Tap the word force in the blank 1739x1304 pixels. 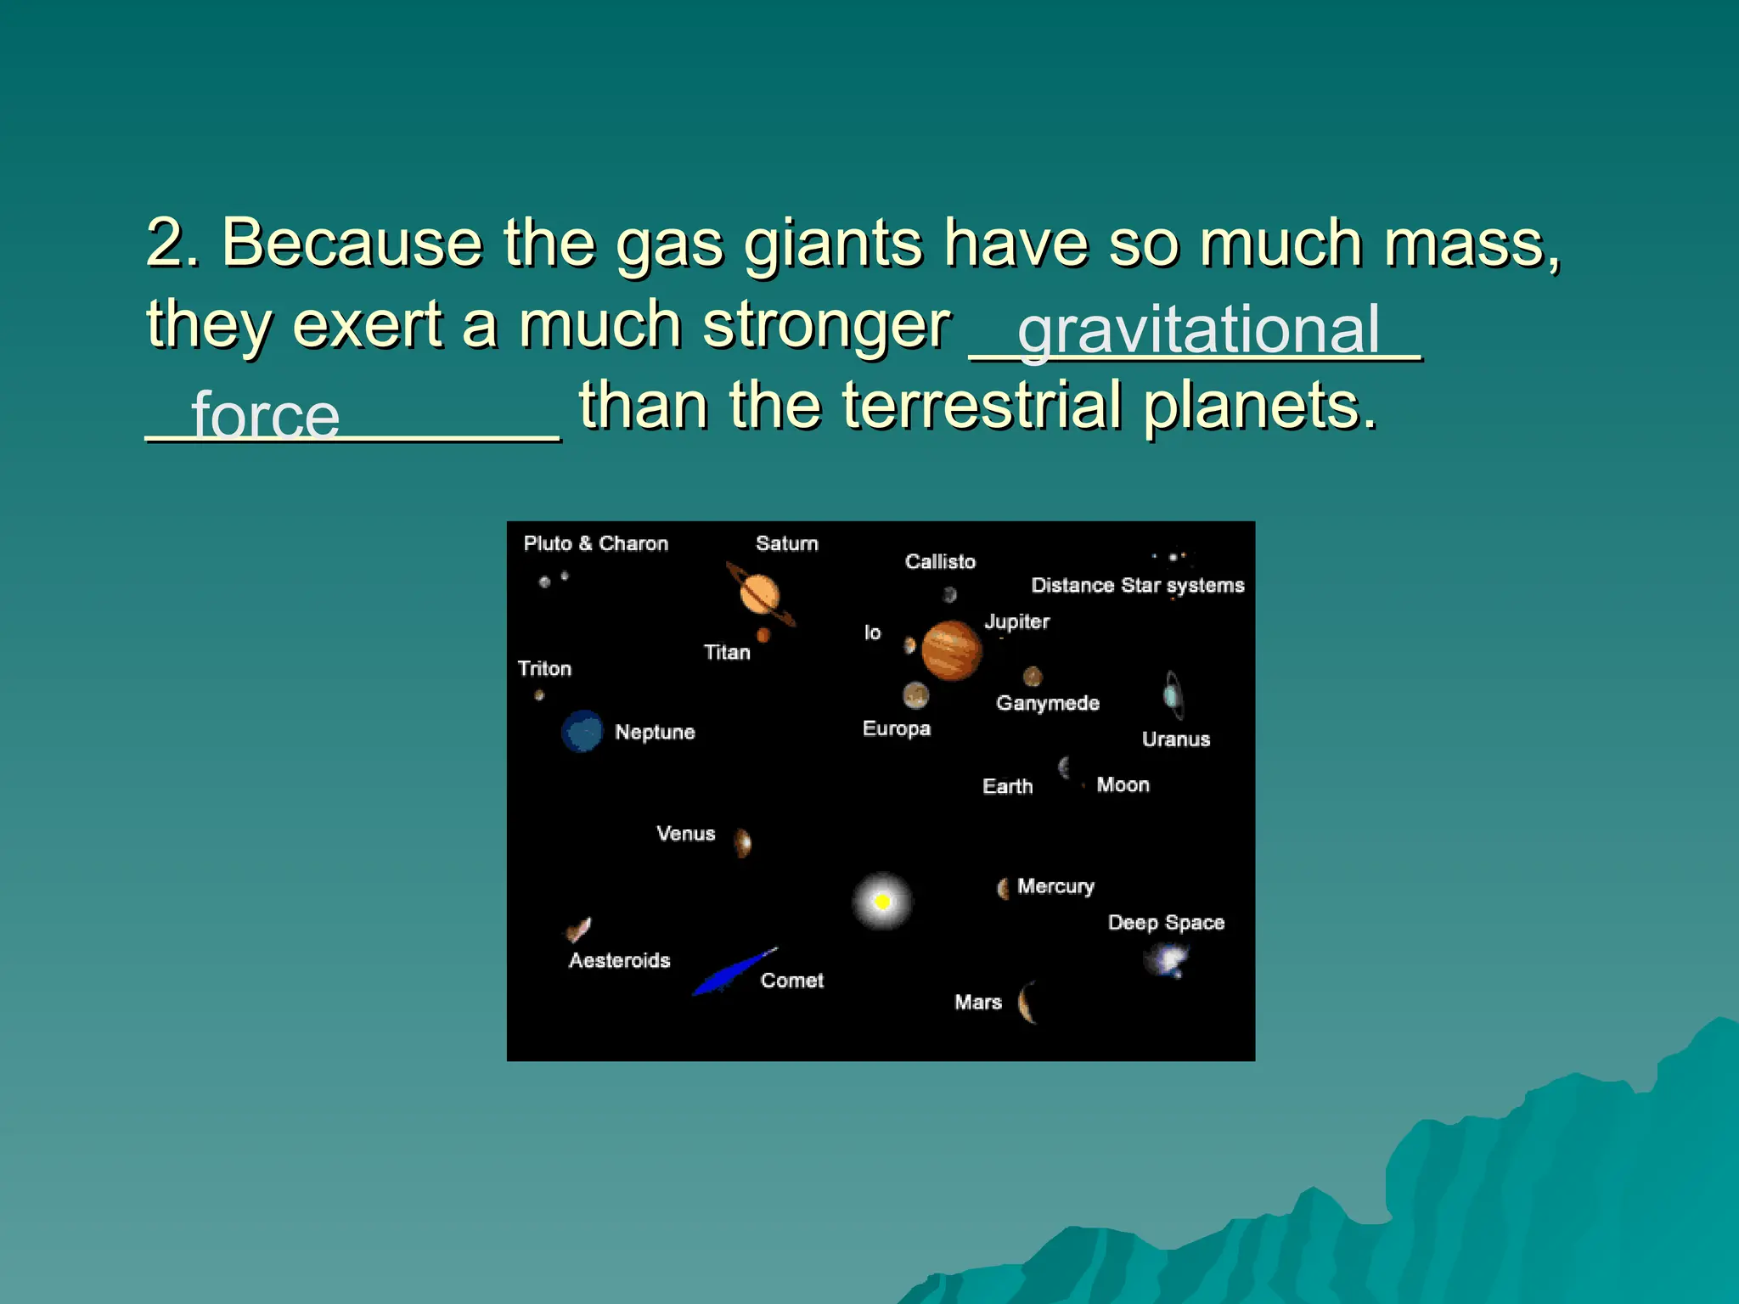click(x=265, y=415)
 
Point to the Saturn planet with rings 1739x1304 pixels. click(x=760, y=593)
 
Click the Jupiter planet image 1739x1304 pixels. click(x=951, y=650)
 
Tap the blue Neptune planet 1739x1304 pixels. click(x=582, y=731)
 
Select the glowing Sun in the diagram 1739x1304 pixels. click(x=882, y=901)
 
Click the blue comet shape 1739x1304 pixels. click(x=732, y=972)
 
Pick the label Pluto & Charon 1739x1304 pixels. click(x=595, y=543)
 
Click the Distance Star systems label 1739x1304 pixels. click(x=1137, y=585)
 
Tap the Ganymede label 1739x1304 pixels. click(x=1047, y=703)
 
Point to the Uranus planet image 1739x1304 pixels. click(x=1173, y=695)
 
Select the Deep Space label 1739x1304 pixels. click(x=1166, y=923)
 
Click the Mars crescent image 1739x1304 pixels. click(x=1027, y=1002)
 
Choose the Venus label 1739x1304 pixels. click(x=685, y=834)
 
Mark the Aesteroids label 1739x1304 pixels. click(x=619, y=960)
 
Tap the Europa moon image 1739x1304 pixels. click(x=915, y=695)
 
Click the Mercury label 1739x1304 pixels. click(x=1055, y=886)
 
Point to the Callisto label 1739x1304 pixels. click(x=940, y=561)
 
